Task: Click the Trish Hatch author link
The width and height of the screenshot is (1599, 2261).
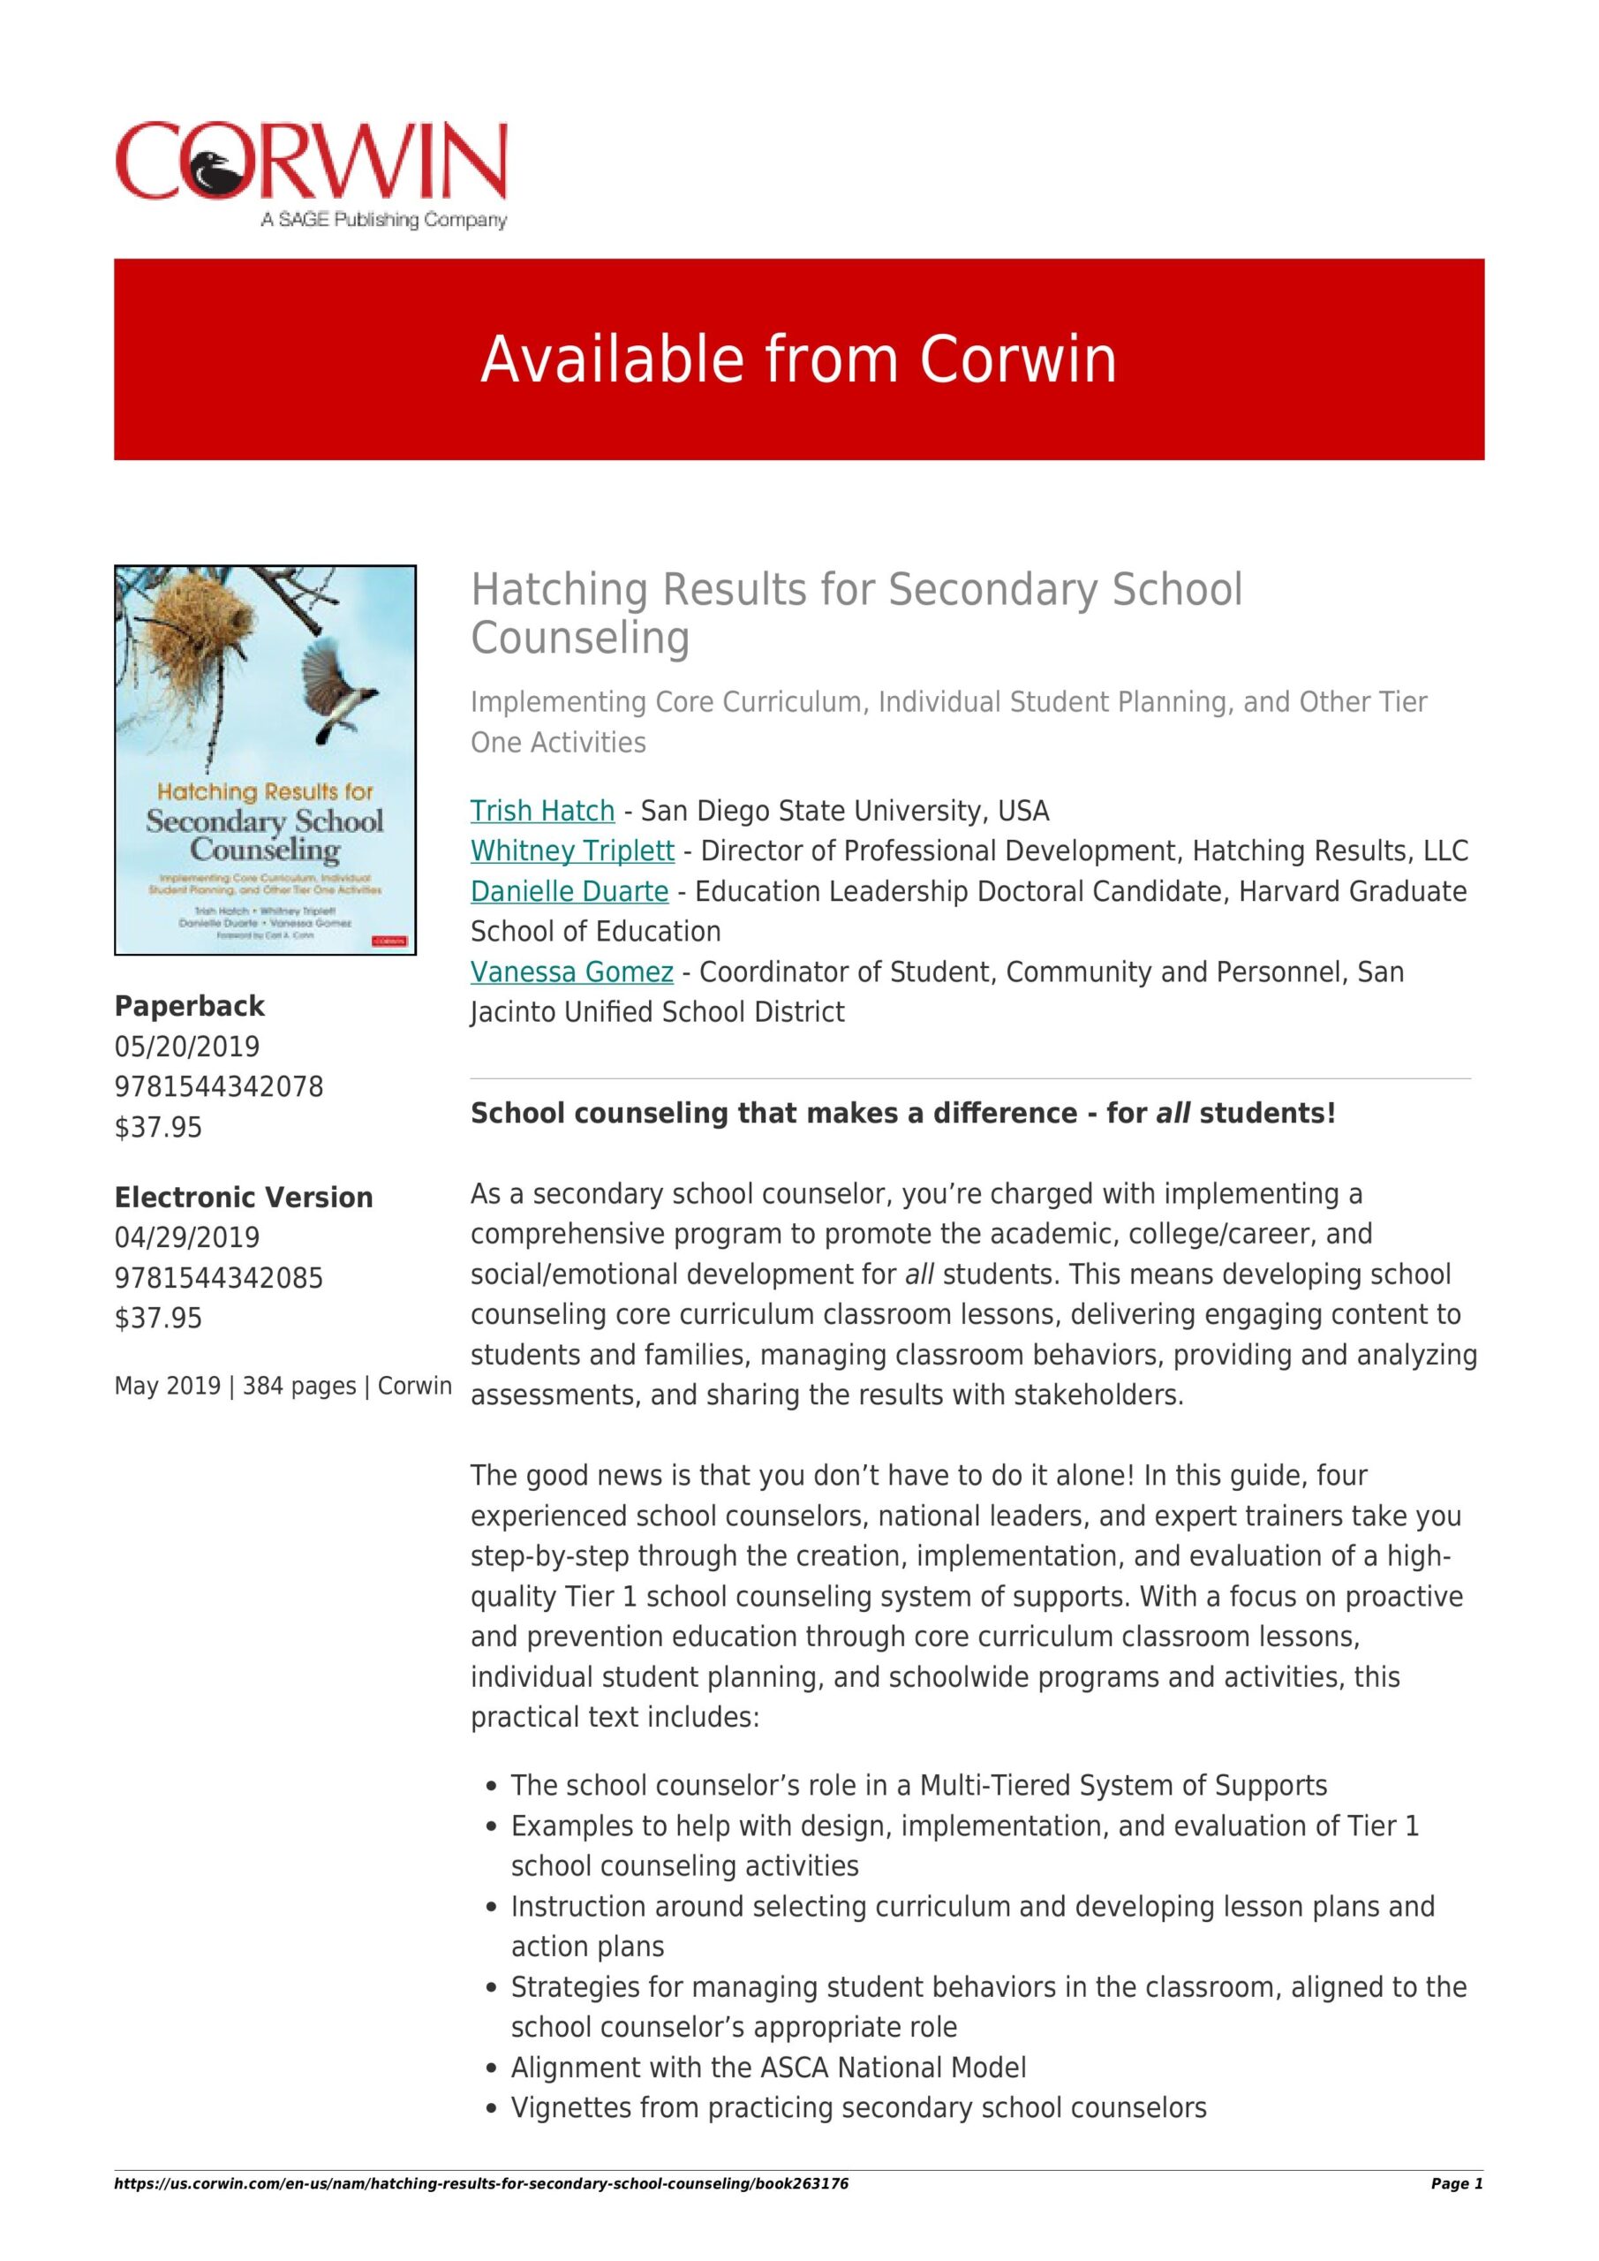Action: (541, 811)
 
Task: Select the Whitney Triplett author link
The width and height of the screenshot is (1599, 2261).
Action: (572, 851)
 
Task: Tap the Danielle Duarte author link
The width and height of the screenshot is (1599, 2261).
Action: (569, 891)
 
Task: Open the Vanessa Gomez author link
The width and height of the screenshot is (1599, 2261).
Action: (571, 972)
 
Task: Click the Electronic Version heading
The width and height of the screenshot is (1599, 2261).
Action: (243, 1198)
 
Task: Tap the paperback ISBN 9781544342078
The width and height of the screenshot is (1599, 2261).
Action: (219, 1086)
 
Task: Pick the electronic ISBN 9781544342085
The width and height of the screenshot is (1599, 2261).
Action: (219, 1278)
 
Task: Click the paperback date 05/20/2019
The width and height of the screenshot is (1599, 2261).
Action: (187, 1046)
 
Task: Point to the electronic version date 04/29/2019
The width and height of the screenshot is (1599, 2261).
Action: (187, 1238)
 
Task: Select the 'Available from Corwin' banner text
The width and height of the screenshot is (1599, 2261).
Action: (798, 359)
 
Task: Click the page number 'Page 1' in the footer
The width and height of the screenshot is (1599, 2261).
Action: (1456, 2184)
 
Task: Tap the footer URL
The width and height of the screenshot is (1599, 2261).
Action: (480, 2184)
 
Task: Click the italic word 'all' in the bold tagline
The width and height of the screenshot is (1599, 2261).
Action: (1173, 1114)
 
